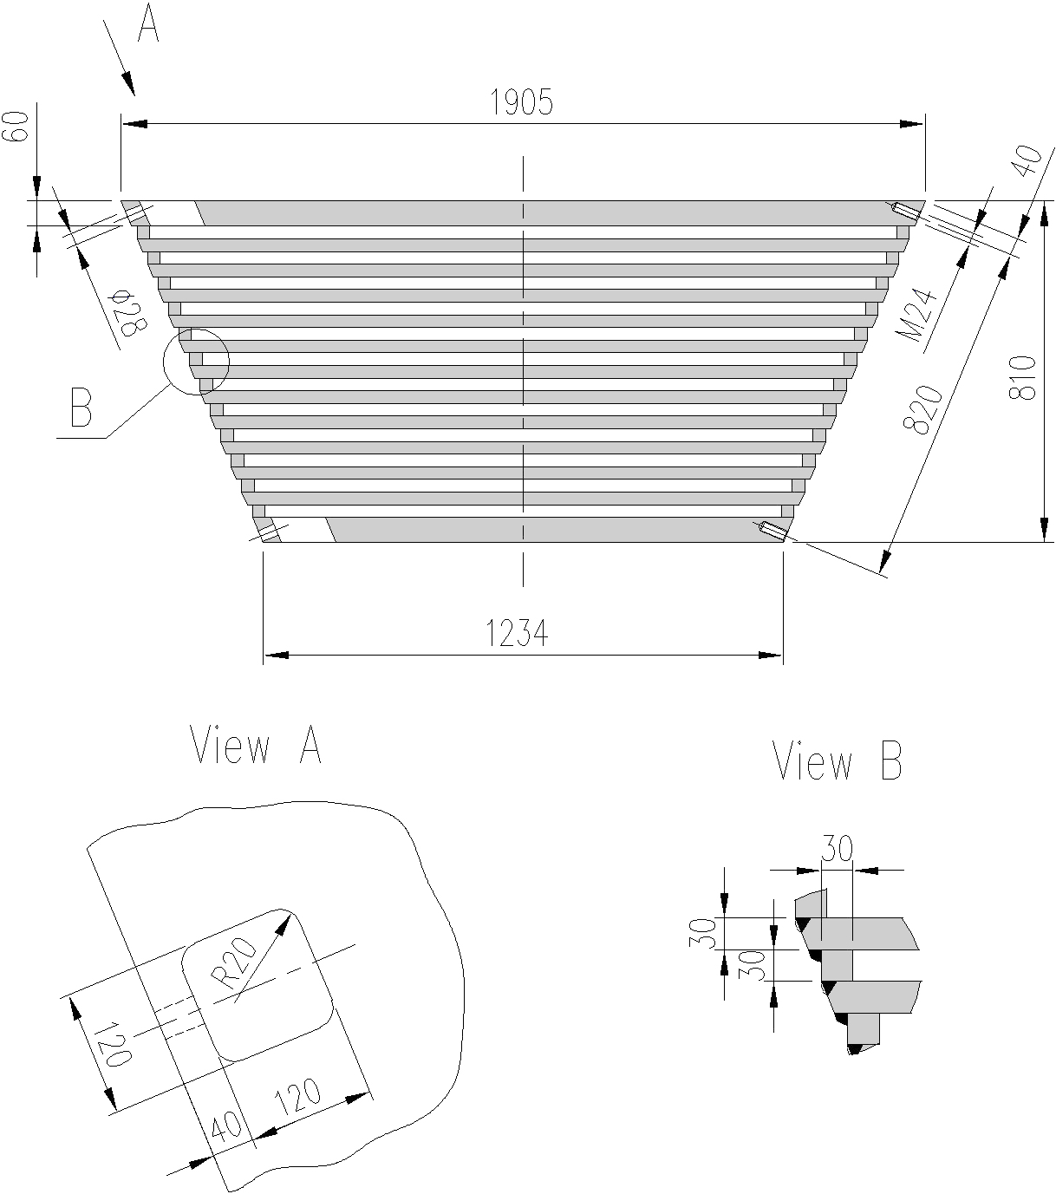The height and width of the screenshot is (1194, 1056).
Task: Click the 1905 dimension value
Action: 521,103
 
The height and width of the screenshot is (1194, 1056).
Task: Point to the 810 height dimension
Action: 1025,378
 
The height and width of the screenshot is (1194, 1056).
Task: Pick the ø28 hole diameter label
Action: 129,315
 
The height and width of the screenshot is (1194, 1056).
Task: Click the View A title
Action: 256,746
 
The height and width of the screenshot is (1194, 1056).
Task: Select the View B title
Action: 838,762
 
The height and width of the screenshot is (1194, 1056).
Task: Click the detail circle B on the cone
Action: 196,362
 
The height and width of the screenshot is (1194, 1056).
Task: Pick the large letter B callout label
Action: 81,408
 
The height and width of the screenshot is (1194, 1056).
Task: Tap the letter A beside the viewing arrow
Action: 148,25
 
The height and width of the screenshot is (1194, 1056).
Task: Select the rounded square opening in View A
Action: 257,984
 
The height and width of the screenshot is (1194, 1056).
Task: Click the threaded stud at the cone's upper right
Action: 907,210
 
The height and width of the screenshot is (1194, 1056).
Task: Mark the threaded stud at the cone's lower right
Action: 772,531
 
